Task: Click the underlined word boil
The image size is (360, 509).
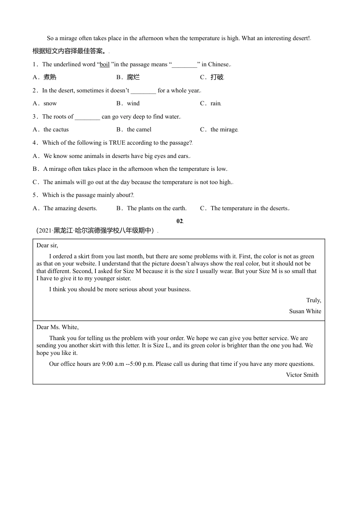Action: (x=105, y=64)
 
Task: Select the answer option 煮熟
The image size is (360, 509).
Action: (x=50, y=77)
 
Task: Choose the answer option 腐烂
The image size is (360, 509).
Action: (x=133, y=77)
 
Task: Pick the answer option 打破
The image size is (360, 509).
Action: (x=217, y=77)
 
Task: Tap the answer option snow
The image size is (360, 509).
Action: (x=50, y=103)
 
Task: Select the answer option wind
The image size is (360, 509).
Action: (x=133, y=103)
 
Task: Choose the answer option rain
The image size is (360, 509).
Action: (x=215, y=103)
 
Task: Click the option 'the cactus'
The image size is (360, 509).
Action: (x=56, y=130)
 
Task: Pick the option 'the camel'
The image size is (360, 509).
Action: (x=139, y=130)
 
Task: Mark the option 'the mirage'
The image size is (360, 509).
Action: (x=224, y=130)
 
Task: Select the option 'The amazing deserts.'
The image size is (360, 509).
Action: (x=70, y=208)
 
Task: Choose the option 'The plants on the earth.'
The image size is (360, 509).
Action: (x=157, y=208)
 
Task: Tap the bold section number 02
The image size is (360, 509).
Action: (x=180, y=221)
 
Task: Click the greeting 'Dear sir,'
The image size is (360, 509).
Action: (x=47, y=245)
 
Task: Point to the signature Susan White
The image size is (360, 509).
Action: (x=305, y=311)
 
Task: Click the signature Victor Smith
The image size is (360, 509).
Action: (x=302, y=375)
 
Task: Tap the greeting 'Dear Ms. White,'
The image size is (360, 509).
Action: (x=58, y=327)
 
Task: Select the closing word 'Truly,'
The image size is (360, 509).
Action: (x=313, y=300)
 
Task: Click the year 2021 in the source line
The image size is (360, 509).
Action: (x=45, y=231)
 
